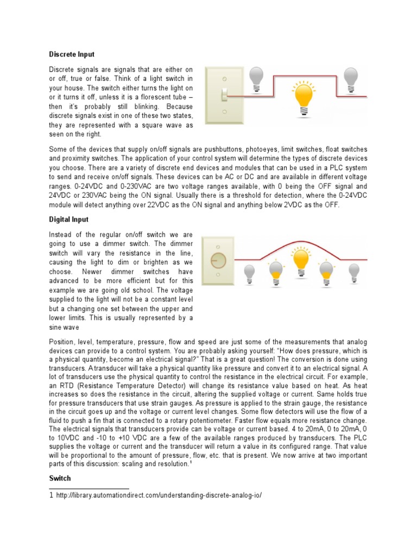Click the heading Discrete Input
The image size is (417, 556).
pyautogui.click(x=72, y=54)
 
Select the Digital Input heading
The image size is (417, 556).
pyautogui.click(x=69, y=219)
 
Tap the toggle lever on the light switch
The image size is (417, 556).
pyautogui.click(x=224, y=96)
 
